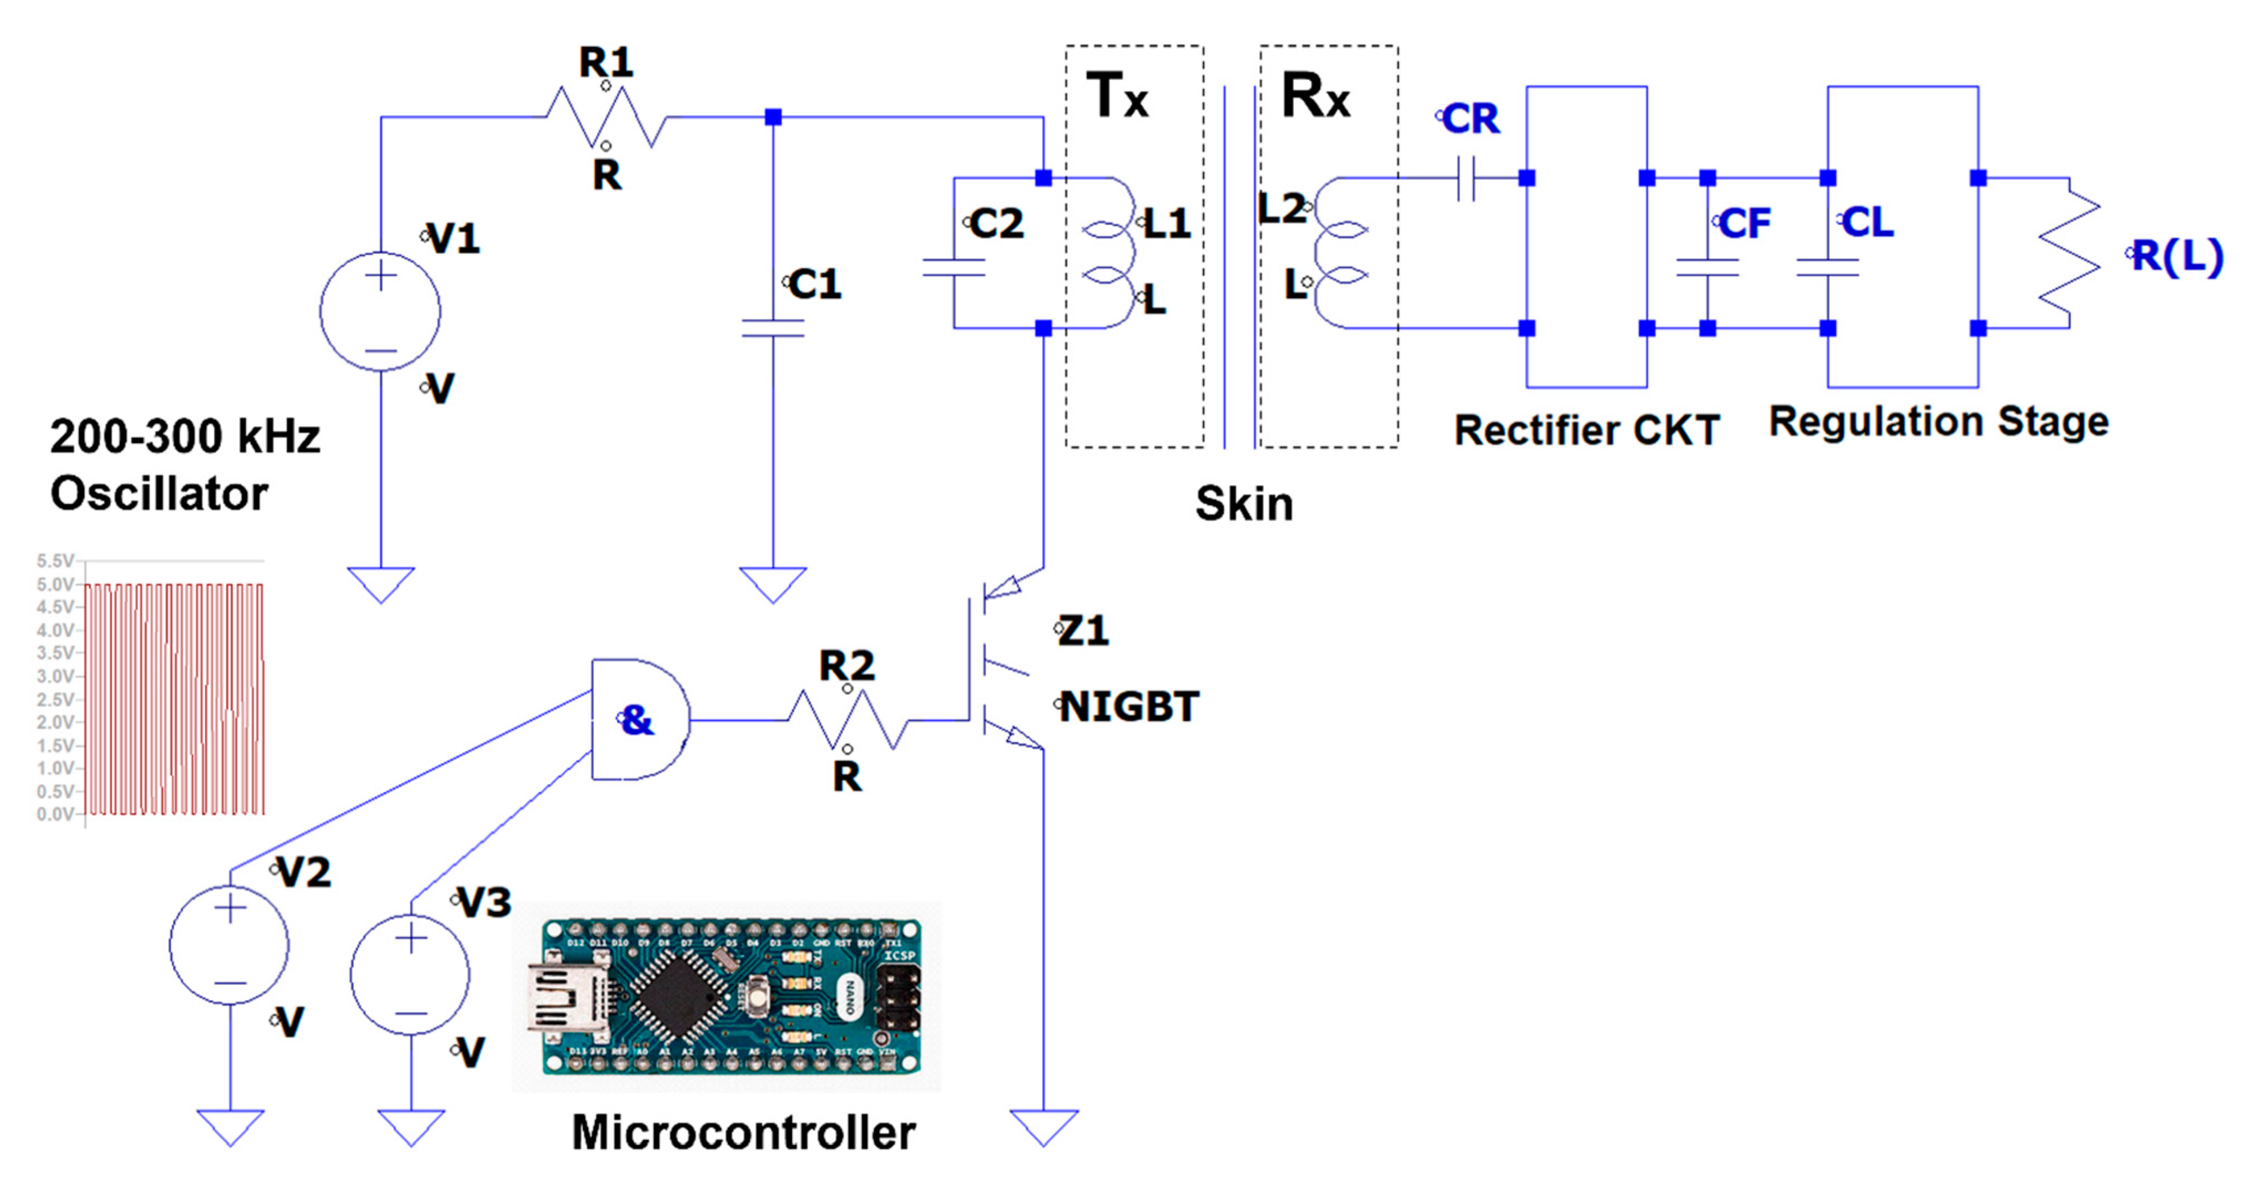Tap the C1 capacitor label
(814, 284)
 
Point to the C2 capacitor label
(996, 224)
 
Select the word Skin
(1244, 504)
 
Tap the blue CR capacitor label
(1470, 119)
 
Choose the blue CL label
(1866, 222)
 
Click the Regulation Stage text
(1938, 422)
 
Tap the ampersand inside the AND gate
(637, 720)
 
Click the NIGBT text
(1129, 707)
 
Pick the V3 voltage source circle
(410, 975)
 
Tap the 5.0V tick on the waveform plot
(55, 584)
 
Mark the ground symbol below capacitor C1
(773, 584)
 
